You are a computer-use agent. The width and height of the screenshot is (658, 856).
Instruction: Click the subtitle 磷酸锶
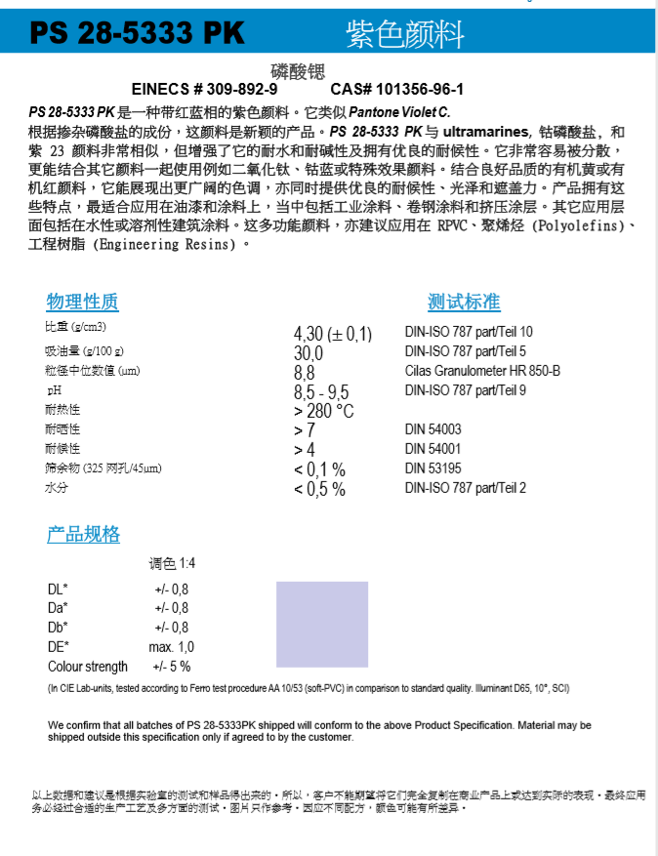296,70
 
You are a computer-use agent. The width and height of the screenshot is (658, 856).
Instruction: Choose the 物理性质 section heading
83,302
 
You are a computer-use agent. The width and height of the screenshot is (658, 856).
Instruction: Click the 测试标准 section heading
464,302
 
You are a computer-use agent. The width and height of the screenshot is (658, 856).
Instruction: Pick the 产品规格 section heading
83,534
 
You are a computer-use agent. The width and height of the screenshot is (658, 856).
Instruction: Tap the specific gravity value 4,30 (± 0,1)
332,335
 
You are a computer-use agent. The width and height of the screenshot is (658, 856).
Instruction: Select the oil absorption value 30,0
308,353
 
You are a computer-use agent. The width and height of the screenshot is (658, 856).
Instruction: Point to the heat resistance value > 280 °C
323,411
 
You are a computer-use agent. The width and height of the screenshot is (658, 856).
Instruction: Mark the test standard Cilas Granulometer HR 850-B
482,371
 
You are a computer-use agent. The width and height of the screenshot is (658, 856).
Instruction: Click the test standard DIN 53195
433,469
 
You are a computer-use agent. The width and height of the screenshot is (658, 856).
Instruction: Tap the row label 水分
56,487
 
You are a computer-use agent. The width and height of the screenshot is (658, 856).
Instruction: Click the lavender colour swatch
322,624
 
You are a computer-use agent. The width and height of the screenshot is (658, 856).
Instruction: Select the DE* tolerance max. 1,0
171,647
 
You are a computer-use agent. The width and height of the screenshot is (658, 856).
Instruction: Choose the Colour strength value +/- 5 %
171,667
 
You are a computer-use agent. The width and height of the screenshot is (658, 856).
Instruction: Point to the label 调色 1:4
172,564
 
